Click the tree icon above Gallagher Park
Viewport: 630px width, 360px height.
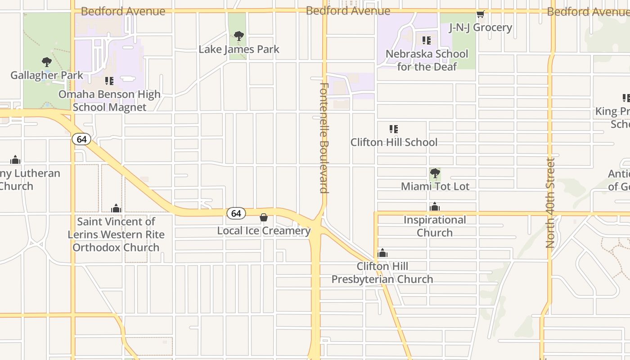click(x=46, y=62)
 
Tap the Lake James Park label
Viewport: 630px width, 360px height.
click(x=239, y=49)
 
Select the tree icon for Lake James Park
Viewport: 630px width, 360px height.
click(x=239, y=36)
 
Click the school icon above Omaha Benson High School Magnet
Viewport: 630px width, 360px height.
click(x=109, y=81)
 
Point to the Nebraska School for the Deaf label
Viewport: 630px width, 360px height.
click(x=427, y=60)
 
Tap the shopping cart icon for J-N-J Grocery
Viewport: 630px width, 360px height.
click(x=481, y=14)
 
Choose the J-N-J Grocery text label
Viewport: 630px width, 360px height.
click(x=481, y=27)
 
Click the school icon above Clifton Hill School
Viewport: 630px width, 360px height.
click(x=394, y=129)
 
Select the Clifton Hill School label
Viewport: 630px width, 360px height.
click(x=394, y=142)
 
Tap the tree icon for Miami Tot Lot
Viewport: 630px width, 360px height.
click(x=435, y=173)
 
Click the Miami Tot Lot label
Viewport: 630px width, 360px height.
click(x=435, y=186)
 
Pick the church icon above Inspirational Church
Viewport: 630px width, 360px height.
click(x=435, y=207)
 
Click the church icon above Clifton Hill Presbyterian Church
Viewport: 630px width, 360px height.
click(x=382, y=253)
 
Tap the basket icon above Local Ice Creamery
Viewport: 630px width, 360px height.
click(x=264, y=218)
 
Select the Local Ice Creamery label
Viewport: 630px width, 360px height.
click(x=264, y=231)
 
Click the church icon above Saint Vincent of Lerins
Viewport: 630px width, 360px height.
click(x=116, y=208)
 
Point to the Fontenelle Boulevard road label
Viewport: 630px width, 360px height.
click(x=324, y=138)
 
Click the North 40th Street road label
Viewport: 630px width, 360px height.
click(x=550, y=202)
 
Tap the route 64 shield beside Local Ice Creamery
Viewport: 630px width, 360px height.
click(x=236, y=213)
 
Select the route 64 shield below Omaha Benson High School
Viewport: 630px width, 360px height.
click(x=81, y=139)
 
